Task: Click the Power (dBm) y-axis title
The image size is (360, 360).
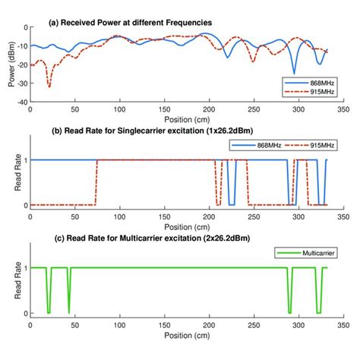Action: pyautogui.click(x=10, y=64)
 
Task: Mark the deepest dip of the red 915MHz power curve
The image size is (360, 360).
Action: pyautogui.click(x=49, y=87)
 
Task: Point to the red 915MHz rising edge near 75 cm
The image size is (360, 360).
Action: pyautogui.click(x=96, y=182)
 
